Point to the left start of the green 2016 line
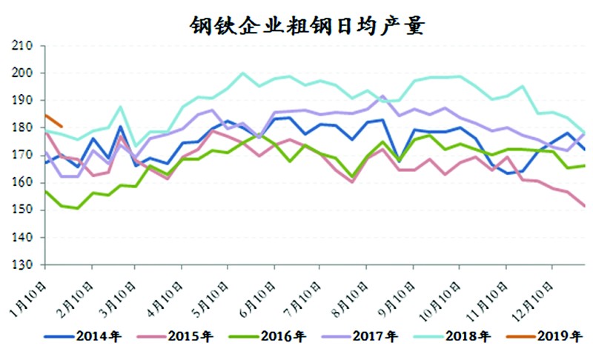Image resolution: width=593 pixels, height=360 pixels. pyautogui.click(x=46, y=191)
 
